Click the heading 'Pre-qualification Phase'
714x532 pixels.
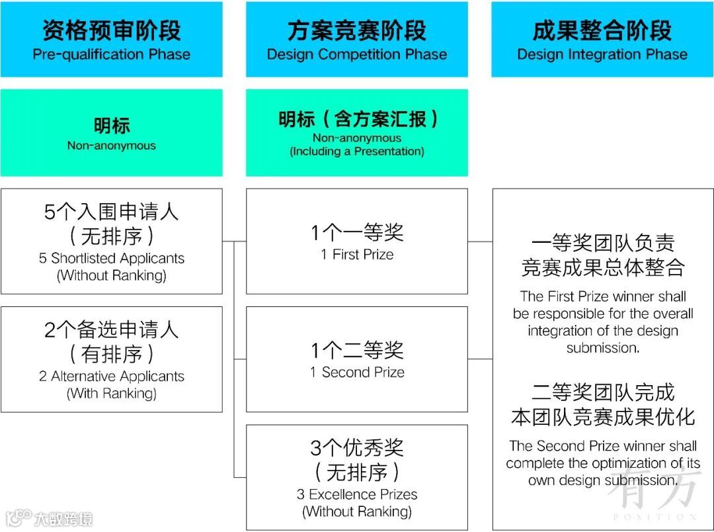pos(111,54)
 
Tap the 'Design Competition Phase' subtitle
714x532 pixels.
pos(357,54)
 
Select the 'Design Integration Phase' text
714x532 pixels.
pos(602,54)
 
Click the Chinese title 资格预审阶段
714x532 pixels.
pos(111,30)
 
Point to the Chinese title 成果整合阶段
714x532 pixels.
pos(602,30)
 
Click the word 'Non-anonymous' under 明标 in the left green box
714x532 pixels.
pos(111,146)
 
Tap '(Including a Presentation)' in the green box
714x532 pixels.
pos(357,152)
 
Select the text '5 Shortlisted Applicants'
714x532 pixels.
pos(111,258)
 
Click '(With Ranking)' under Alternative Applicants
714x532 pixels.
pos(111,394)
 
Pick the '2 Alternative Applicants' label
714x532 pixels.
pos(111,377)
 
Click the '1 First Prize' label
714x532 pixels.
pos(357,255)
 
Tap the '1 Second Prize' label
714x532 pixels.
pos(357,373)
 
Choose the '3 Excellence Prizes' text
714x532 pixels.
pos(357,494)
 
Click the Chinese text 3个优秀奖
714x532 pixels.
pos(357,448)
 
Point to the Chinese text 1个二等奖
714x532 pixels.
pos(357,350)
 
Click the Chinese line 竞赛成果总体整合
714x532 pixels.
pos(602,267)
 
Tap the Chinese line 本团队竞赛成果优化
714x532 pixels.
pos(602,417)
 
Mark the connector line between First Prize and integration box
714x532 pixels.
pos(480,242)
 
